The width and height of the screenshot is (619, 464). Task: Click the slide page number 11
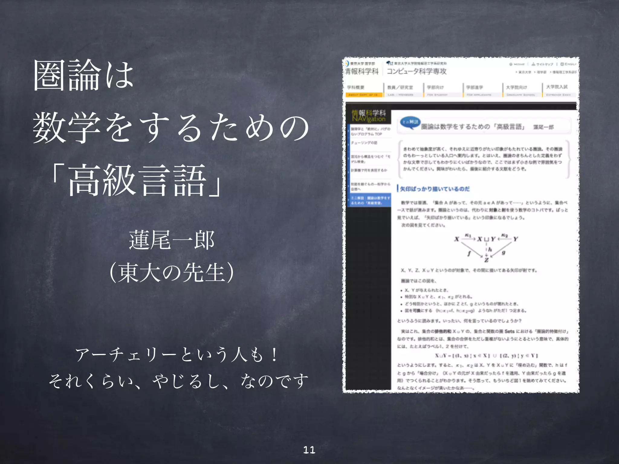coord(309,450)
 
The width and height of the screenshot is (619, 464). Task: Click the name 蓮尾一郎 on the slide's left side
coord(172,240)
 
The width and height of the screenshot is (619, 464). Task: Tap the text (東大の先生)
coord(172,272)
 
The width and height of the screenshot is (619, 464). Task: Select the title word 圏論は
coord(83,76)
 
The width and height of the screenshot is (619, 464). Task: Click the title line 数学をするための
coord(171,127)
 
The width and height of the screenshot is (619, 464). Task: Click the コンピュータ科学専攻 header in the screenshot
coord(416,71)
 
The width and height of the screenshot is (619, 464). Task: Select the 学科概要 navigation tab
coord(356,87)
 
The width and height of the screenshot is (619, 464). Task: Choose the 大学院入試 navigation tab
coord(557,87)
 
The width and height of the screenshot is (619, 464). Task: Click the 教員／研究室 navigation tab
coord(400,87)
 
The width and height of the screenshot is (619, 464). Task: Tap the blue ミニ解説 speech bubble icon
coord(410,122)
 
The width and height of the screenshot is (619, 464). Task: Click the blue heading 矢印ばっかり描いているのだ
coord(435,189)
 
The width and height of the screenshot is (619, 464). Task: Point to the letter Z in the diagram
coord(486,260)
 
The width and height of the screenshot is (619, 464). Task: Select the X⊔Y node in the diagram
coord(486,239)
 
